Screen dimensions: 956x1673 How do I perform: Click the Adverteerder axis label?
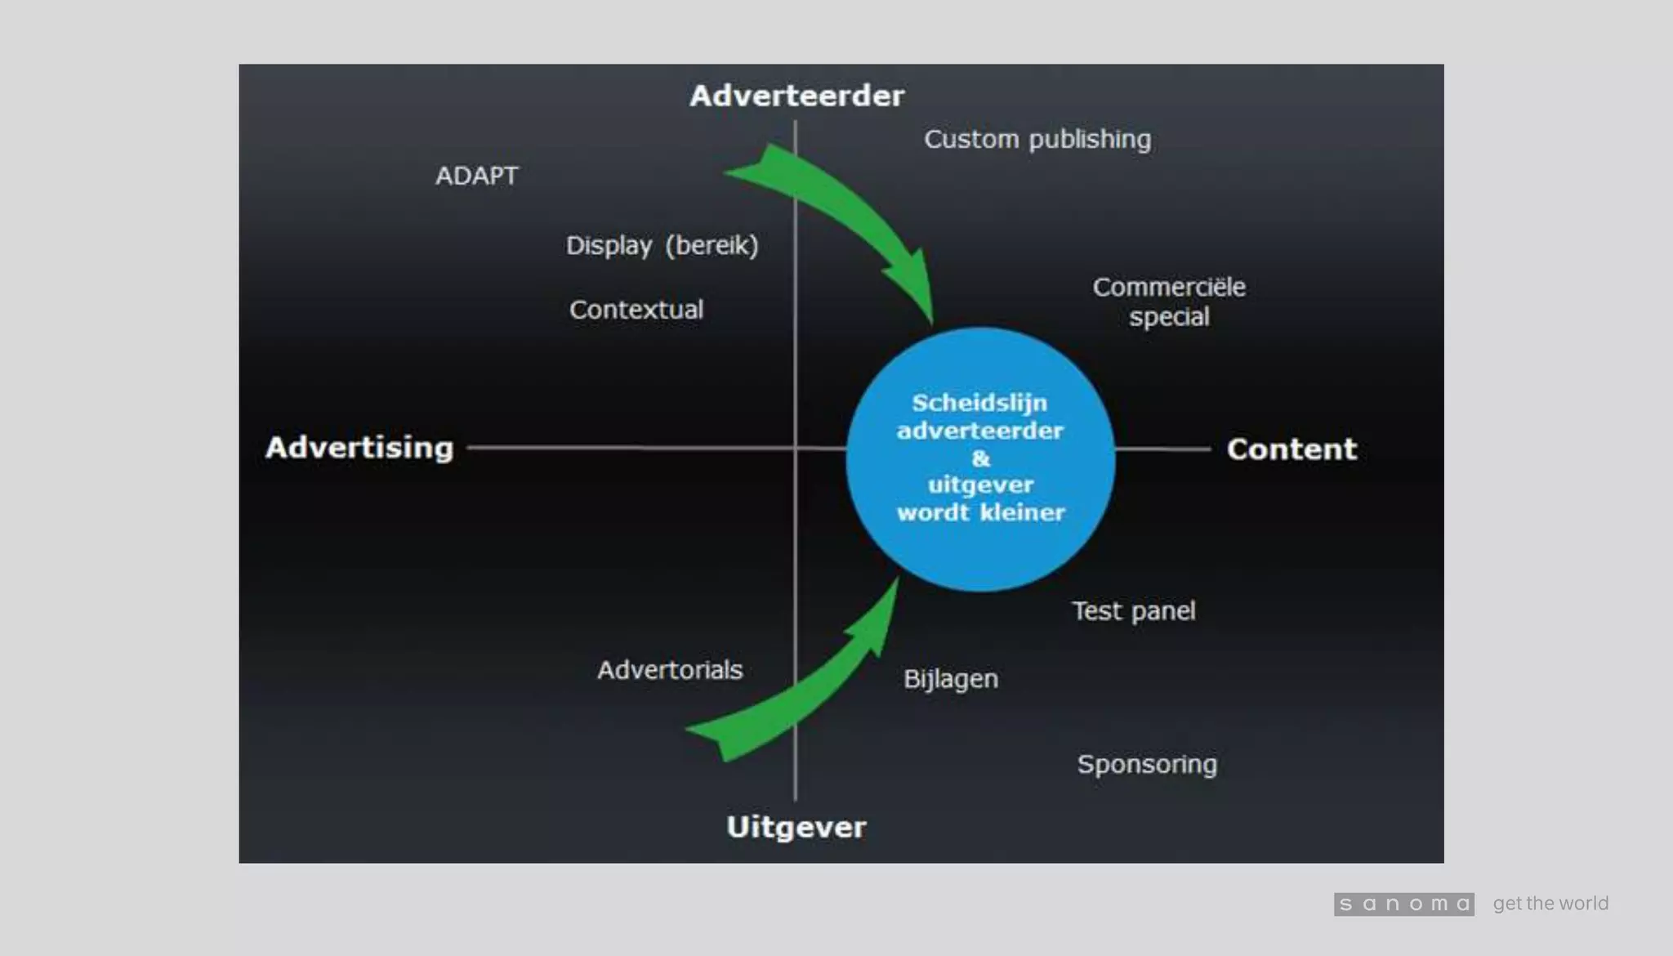796,96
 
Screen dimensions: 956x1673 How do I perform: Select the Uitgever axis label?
796,827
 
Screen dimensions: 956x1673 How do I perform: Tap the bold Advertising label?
359,448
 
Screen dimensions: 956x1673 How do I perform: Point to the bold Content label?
1292,449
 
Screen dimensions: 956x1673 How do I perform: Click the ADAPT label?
477,176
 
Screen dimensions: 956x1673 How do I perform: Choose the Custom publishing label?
1037,140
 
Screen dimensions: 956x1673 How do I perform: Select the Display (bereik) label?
662,245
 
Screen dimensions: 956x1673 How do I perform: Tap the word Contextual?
636,310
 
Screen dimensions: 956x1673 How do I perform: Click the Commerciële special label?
1169,302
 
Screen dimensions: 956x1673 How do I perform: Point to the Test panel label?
1133,611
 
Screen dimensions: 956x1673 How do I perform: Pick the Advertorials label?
670,670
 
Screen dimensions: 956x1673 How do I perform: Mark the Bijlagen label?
951,679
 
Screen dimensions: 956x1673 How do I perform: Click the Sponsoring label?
1147,764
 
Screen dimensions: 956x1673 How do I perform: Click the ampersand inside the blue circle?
980,458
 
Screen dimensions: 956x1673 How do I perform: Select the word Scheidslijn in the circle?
979,403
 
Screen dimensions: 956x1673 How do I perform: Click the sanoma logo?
1403,904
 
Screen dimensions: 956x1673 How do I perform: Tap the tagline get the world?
1550,904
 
